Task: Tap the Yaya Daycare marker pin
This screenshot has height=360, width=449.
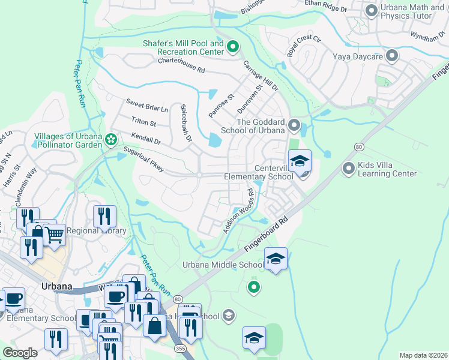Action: pyautogui.click(x=393, y=56)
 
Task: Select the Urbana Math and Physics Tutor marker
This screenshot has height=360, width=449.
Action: pyautogui.click(x=371, y=10)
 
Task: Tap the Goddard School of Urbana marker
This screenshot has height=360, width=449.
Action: pyautogui.click(x=294, y=125)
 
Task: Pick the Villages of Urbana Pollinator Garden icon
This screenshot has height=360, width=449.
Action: pyautogui.click(x=111, y=140)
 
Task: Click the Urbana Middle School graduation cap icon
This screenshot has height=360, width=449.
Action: pyautogui.click(x=276, y=259)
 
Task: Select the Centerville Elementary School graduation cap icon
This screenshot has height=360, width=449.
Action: pyautogui.click(x=300, y=161)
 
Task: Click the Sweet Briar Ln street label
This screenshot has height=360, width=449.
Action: pyautogui.click(x=146, y=106)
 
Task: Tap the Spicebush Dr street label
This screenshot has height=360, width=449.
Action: pyautogui.click(x=185, y=123)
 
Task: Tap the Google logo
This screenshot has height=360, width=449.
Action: pyautogui.click(x=20, y=353)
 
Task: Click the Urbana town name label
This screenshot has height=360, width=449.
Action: pyautogui.click(x=57, y=286)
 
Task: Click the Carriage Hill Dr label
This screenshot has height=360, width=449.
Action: pyautogui.click(x=260, y=75)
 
